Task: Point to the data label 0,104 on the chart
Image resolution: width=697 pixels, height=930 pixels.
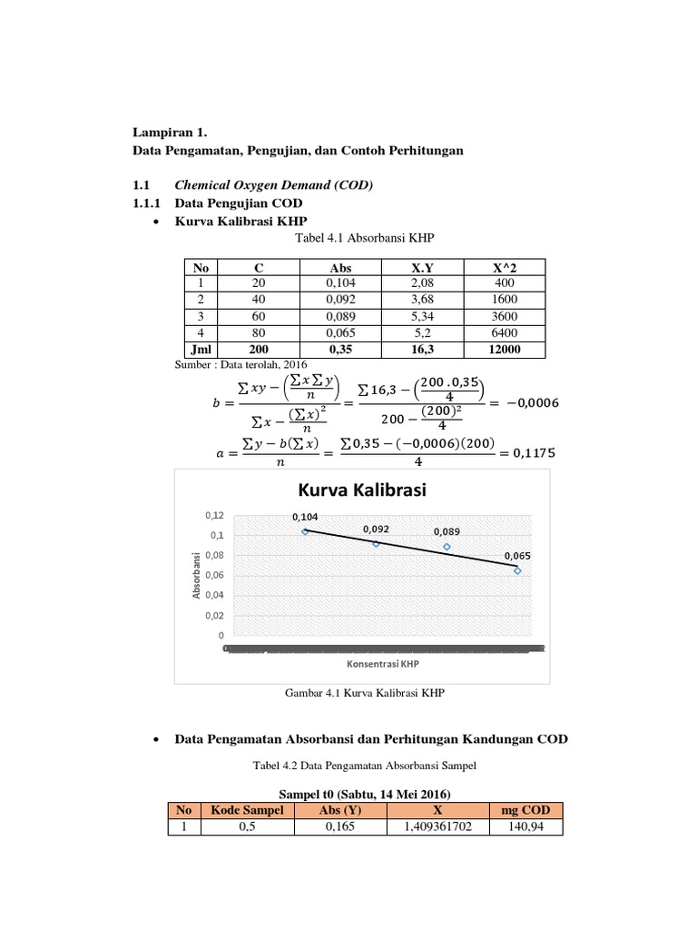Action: pyautogui.click(x=305, y=517)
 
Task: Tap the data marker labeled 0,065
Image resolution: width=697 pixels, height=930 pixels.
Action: pyautogui.click(x=517, y=570)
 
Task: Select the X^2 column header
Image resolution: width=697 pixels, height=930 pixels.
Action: pyautogui.click(x=505, y=268)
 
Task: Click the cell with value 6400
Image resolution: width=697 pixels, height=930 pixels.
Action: pyautogui.click(x=505, y=332)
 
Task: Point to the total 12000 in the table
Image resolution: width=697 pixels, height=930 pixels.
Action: pyautogui.click(x=505, y=349)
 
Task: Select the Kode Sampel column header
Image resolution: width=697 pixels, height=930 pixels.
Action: pyautogui.click(x=248, y=810)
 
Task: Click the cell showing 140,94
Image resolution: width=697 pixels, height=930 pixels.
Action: pyautogui.click(x=526, y=827)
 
